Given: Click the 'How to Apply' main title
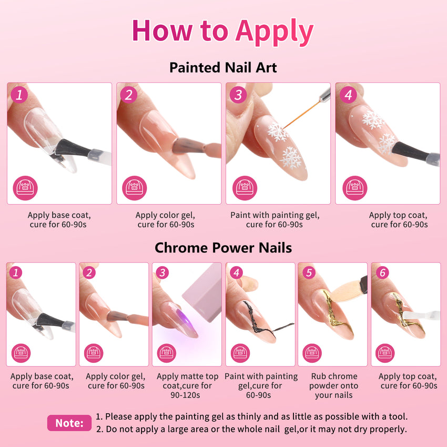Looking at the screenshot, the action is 223,32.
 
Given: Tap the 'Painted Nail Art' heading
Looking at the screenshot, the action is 223,67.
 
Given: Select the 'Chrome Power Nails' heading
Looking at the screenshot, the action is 223,248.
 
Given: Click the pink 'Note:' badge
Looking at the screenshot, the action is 69,423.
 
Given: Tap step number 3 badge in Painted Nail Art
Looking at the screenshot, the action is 238,95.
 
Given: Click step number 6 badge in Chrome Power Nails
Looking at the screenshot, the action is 382,273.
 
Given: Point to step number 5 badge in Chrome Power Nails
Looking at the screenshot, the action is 309,272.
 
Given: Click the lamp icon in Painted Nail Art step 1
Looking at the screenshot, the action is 25,188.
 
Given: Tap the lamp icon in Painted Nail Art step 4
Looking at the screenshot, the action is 354,188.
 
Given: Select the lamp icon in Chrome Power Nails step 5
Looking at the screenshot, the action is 312,353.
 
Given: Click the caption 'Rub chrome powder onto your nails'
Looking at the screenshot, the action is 333,385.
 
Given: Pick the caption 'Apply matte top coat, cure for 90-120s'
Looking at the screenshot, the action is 187,385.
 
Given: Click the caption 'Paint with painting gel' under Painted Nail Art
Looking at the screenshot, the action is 275,215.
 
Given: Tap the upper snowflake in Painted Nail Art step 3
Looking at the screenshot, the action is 277,131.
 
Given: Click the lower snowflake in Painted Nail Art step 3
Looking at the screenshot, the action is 291,158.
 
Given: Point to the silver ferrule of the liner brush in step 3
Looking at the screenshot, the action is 325,95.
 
